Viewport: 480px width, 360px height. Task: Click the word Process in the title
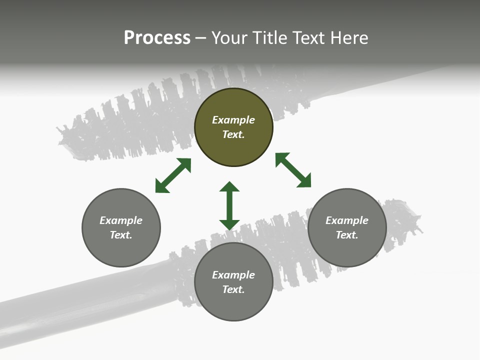157,38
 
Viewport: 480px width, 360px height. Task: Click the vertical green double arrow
229,205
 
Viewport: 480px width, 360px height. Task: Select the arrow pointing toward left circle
173,175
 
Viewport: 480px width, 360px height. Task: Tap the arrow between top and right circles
293,170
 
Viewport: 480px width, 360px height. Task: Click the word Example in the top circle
233,120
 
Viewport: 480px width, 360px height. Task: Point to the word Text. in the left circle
121,235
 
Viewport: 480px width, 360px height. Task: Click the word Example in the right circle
347,220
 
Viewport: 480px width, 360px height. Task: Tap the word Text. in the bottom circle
233,289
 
